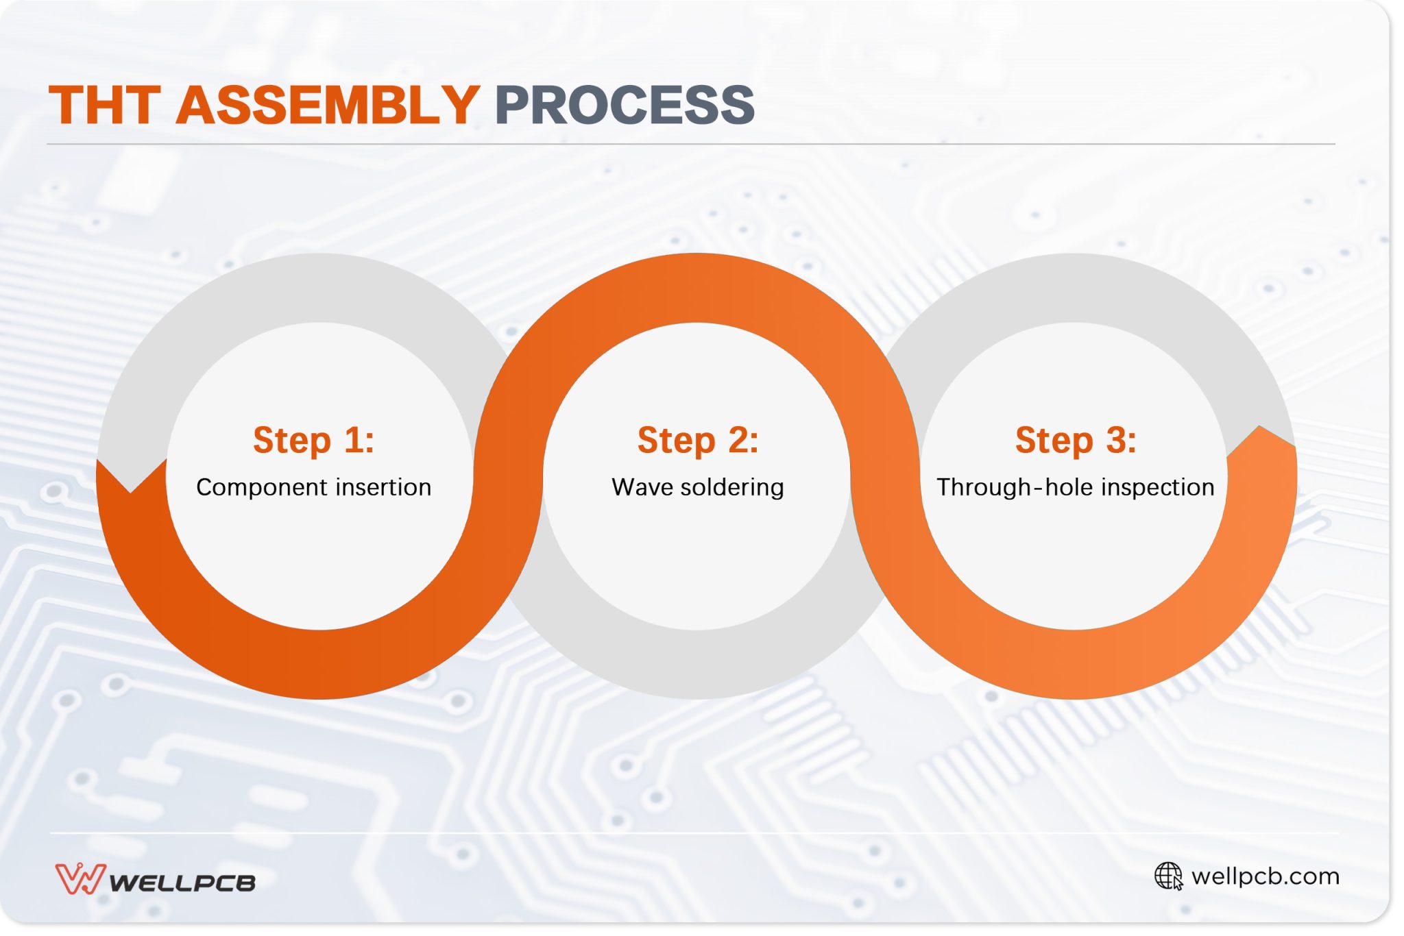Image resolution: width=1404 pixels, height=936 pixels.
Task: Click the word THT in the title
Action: [x=104, y=106]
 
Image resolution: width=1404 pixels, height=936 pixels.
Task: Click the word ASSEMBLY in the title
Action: [x=328, y=106]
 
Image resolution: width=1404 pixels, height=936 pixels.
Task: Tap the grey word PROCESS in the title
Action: [x=624, y=106]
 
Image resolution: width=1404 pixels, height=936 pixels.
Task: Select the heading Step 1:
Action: [x=313, y=440]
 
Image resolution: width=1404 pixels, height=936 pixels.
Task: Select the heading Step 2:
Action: [x=698, y=440]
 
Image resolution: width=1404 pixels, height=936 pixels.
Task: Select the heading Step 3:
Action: [x=1075, y=440]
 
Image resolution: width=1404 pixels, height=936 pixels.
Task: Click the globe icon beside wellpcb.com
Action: [x=1168, y=876]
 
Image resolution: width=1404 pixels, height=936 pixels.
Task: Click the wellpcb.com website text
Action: [x=1266, y=876]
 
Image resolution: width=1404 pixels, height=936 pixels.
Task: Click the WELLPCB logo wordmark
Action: [x=182, y=882]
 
